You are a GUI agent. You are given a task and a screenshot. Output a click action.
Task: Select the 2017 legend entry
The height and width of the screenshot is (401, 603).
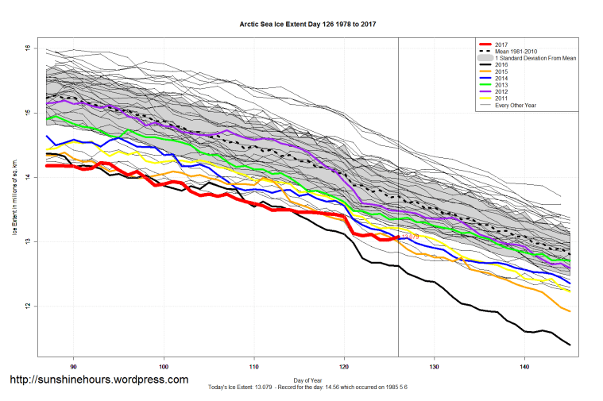tap(501, 44)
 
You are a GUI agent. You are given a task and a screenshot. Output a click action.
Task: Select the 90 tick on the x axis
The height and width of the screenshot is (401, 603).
tap(74, 367)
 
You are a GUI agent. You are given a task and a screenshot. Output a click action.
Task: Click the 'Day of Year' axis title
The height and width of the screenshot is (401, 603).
tap(307, 379)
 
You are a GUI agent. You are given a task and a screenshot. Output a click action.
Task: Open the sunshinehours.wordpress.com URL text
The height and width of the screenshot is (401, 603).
tap(99, 380)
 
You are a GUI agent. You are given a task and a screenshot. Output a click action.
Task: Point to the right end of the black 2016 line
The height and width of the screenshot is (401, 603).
tap(570, 344)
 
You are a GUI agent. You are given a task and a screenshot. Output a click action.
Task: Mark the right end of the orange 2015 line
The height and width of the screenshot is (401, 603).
tap(570, 310)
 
